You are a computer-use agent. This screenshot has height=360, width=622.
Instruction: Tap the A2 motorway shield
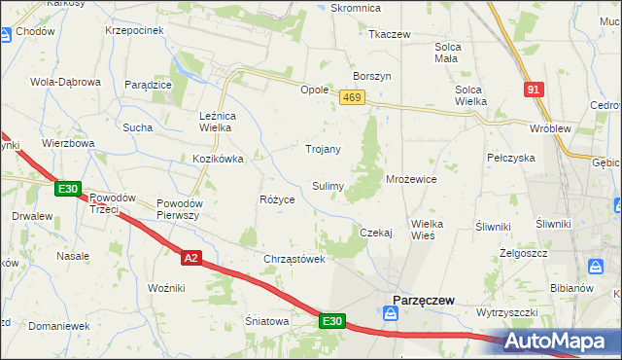click(191, 258)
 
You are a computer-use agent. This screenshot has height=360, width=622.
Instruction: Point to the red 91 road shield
click(534, 90)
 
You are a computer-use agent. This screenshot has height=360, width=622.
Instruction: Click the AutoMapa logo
click(562, 342)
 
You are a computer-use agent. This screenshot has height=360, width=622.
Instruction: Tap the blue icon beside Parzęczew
click(390, 313)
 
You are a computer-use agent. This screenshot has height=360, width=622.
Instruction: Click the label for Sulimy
click(327, 185)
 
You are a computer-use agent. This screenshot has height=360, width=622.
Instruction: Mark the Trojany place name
click(324, 149)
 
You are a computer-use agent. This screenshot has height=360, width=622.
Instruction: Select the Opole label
click(314, 89)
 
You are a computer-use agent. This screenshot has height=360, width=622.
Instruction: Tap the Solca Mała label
click(448, 52)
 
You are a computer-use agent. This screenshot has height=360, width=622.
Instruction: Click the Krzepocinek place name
click(134, 30)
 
